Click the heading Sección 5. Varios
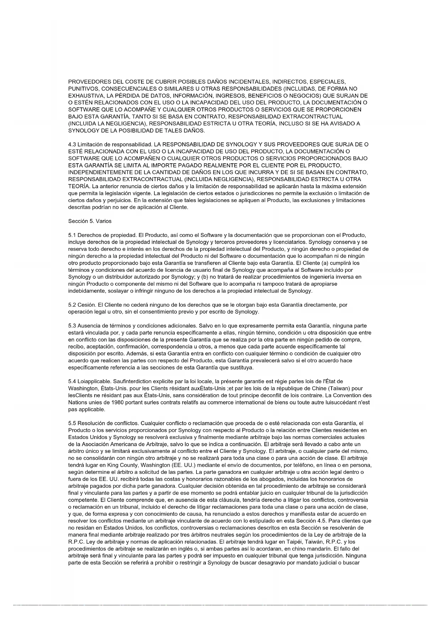[x=90, y=221]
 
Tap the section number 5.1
[x=72, y=235]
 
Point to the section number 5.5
[x=72, y=423]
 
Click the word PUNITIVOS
[x=81, y=89]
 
